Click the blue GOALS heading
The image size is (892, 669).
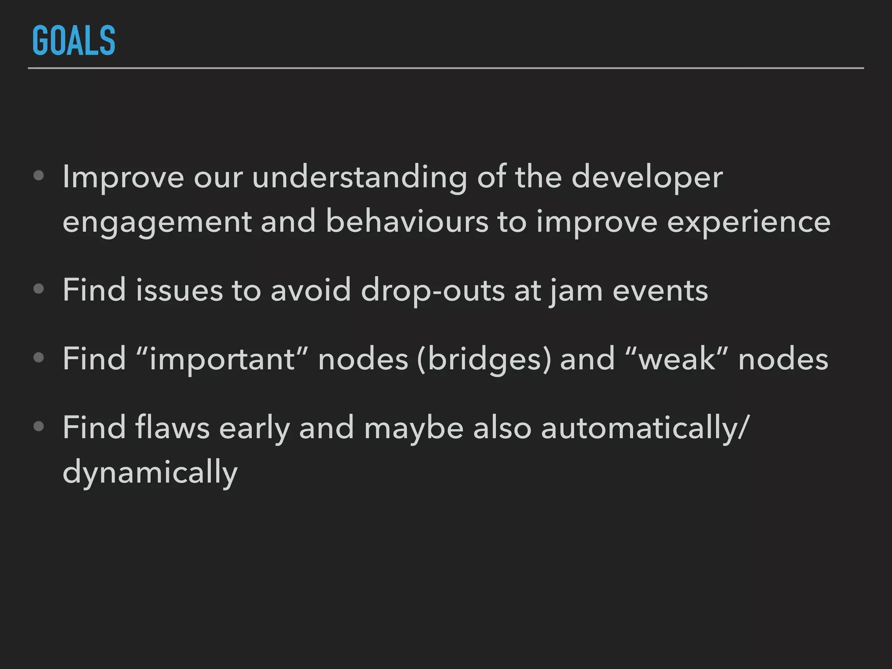[x=74, y=41]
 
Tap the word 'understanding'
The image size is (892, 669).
[x=359, y=178]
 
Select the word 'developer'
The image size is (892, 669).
[x=647, y=178]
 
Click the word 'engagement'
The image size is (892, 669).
[x=157, y=222]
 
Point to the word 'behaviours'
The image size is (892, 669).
[x=407, y=221]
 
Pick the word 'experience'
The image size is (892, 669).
[x=749, y=222]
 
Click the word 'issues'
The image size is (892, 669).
[x=179, y=290]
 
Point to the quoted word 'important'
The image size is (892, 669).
[x=222, y=359]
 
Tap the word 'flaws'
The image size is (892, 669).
[x=172, y=427]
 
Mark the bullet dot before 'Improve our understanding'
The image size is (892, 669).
[x=39, y=176]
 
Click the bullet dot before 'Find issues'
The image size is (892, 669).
[x=39, y=289]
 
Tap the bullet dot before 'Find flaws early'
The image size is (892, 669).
[x=39, y=426]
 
